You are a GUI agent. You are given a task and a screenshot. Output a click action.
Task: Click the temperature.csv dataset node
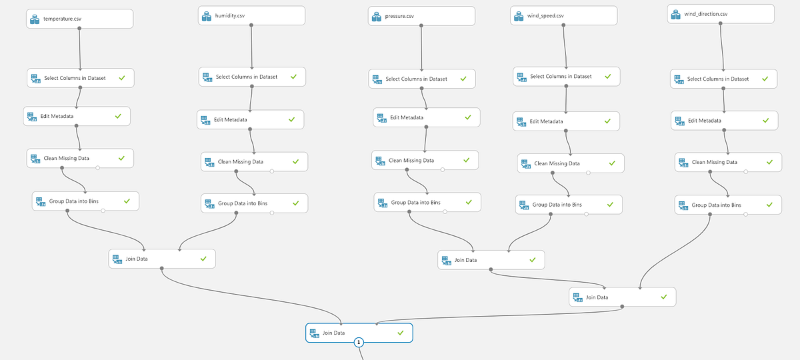coord(80,19)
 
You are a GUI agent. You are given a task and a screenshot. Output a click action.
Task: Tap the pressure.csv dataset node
coord(421,16)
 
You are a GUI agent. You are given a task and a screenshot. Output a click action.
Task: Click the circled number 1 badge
coord(359,342)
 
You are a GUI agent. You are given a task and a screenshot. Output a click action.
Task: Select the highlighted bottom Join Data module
coord(359,332)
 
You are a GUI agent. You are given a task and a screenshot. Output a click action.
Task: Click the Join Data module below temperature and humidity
coord(162,259)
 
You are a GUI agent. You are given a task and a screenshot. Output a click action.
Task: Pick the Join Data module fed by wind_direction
coord(622,297)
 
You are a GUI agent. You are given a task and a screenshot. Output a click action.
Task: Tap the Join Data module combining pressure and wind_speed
coord(491,260)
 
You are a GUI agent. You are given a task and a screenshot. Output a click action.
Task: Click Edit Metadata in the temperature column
coord(77,116)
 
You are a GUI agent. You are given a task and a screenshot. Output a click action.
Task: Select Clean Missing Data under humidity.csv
coord(254,162)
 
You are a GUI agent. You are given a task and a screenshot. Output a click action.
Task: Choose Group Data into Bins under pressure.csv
coord(427,202)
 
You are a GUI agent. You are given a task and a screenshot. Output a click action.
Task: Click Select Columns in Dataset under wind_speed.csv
coord(566,76)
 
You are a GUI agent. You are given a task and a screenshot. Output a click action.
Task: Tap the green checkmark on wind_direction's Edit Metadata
coord(765,120)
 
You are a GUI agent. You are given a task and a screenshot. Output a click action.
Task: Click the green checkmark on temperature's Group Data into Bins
coord(127,200)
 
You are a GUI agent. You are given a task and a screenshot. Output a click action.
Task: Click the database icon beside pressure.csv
coord(377,16)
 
